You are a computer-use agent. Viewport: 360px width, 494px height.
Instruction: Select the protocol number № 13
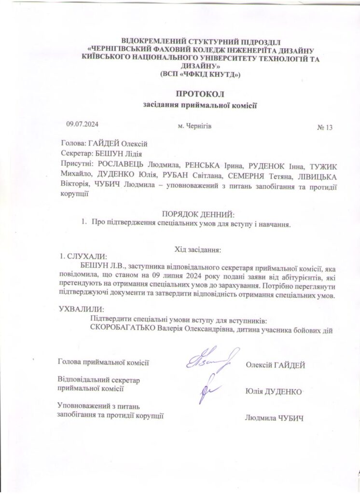click(x=325, y=128)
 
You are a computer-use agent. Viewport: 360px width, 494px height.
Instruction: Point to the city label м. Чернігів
click(x=194, y=125)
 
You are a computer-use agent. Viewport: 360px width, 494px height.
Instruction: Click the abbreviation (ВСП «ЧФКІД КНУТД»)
click(x=199, y=74)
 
